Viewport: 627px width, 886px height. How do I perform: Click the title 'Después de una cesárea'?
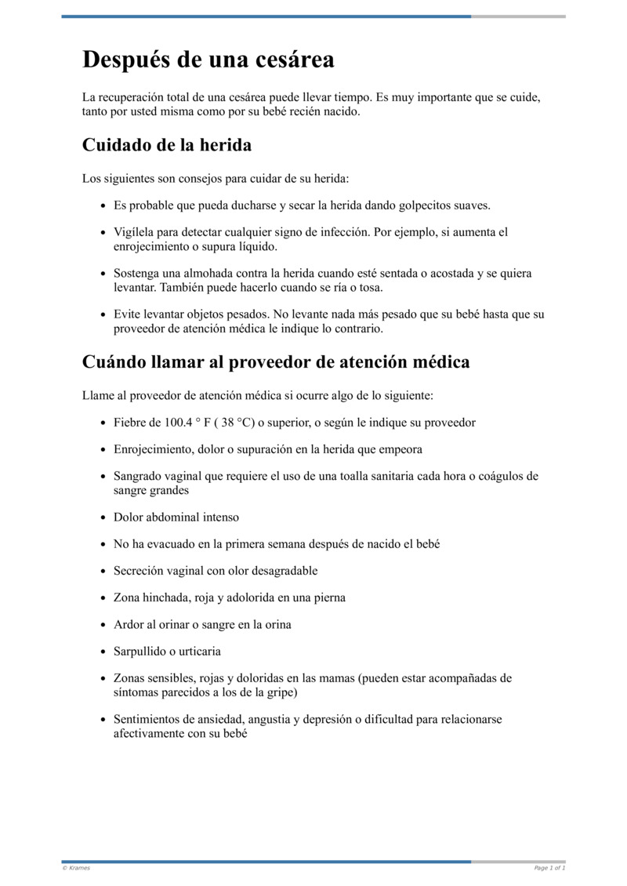[x=208, y=60]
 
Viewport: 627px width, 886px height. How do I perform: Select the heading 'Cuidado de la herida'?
[x=167, y=146]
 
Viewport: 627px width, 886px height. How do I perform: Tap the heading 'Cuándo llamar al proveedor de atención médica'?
[x=276, y=362]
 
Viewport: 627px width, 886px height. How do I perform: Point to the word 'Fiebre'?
[x=130, y=423]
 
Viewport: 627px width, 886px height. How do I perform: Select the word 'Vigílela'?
[x=135, y=233]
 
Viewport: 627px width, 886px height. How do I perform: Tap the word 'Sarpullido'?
[x=142, y=652]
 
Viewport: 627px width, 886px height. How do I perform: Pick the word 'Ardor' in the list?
[x=129, y=625]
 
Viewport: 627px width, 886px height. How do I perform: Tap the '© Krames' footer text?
[x=76, y=868]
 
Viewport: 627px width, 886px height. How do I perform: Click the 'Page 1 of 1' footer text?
[x=549, y=868]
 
